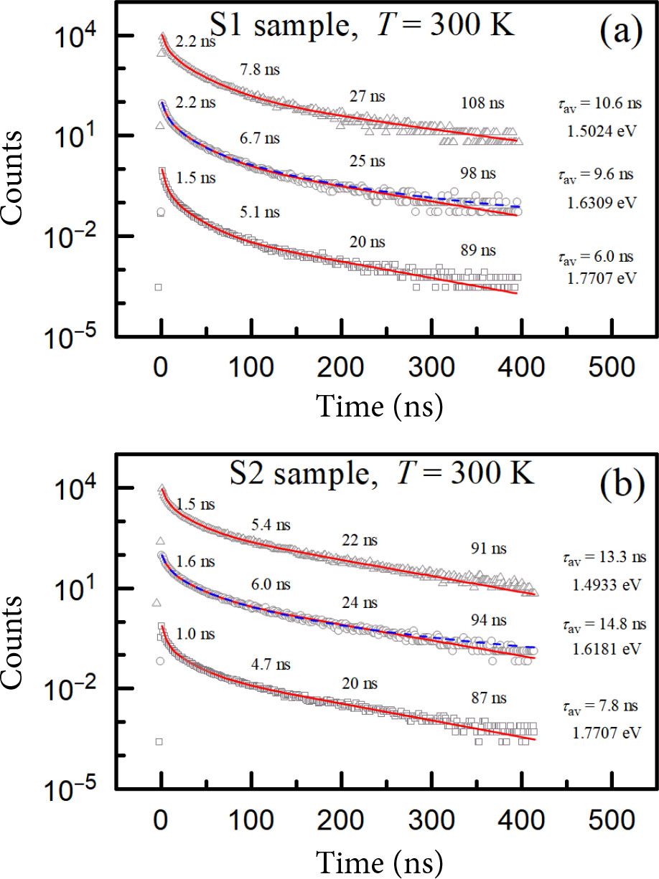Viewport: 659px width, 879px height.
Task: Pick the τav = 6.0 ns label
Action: (596, 255)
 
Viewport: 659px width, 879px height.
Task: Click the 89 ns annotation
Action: (477, 250)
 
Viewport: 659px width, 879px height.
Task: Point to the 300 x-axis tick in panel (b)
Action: (431, 817)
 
